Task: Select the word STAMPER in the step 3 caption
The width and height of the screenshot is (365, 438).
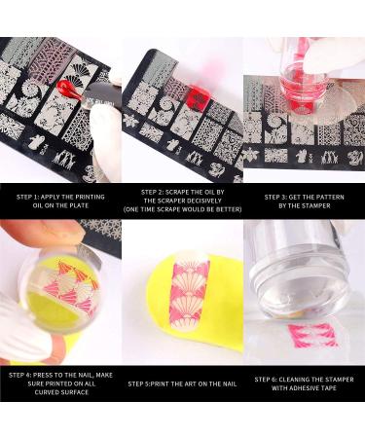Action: coord(315,205)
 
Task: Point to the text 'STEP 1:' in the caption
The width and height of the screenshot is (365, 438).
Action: coord(28,197)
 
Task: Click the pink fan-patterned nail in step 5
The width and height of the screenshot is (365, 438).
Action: coord(189,293)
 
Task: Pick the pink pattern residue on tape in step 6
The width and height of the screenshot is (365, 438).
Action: coord(311,336)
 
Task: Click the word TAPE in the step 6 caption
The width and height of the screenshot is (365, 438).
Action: coord(328,388)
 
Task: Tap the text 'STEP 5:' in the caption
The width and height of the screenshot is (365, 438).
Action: coord(139,383)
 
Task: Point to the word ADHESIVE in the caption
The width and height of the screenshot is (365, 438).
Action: coord(302,388)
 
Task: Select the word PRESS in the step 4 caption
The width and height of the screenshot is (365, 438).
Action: coord(44,375)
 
